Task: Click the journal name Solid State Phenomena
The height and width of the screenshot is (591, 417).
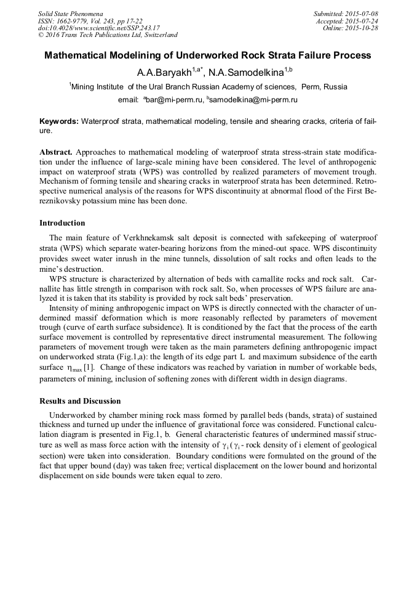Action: point(71,14)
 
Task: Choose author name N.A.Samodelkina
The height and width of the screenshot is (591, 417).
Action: point(246,72)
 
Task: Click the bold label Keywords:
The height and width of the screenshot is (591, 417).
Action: point(59,122)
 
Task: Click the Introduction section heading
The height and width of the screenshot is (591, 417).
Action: point(62,222)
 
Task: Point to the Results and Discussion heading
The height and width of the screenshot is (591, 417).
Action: point(80,401)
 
